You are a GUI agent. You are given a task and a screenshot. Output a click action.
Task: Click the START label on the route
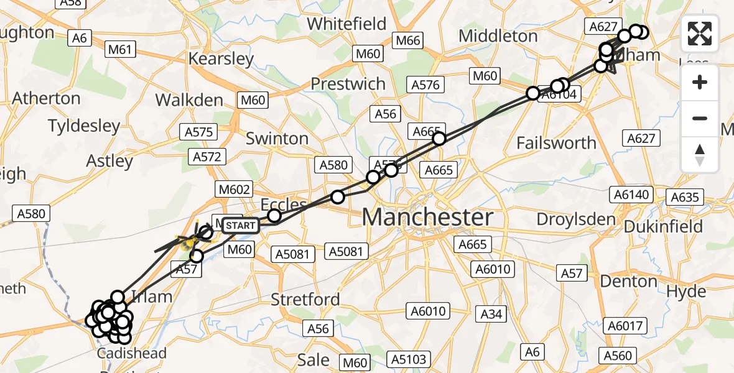[239, 225]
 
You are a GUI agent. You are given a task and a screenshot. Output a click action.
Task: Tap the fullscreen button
[700, 34]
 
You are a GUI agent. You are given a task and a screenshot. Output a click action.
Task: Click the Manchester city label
[427, 218]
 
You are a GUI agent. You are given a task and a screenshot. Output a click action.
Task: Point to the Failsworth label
[556, 143]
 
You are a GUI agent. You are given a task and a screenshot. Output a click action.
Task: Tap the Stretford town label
[305, 300]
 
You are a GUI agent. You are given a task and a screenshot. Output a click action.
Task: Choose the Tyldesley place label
[84, 126]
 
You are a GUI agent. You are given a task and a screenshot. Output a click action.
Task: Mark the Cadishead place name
[132, 354]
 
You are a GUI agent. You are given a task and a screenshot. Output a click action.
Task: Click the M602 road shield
[235, 189]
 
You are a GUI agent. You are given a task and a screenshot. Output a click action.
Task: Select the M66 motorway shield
[408, 41]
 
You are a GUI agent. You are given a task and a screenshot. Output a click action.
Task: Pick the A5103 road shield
[408, 359]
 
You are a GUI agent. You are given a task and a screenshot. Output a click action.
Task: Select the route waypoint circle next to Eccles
[274, 216]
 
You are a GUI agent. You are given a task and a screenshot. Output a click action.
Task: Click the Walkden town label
[189, 100]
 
